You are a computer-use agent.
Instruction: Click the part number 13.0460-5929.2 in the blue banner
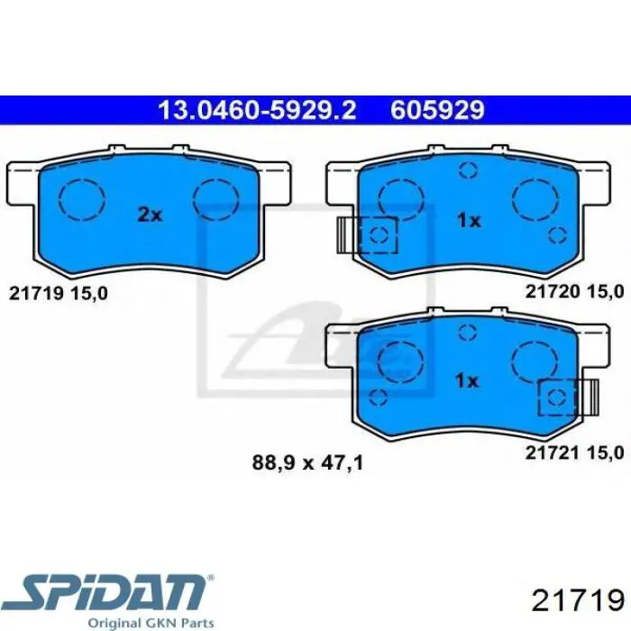257,110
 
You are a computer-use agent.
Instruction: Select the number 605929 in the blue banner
437,110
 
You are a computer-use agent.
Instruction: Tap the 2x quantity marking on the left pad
150,215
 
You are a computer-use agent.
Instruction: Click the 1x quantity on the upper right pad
470,220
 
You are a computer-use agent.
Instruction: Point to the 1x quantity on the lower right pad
467,380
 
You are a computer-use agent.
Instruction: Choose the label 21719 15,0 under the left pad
59,294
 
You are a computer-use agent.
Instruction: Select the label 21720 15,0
574,291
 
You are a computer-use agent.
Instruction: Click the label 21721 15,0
574,453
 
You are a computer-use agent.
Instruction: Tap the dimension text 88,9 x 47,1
307,462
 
